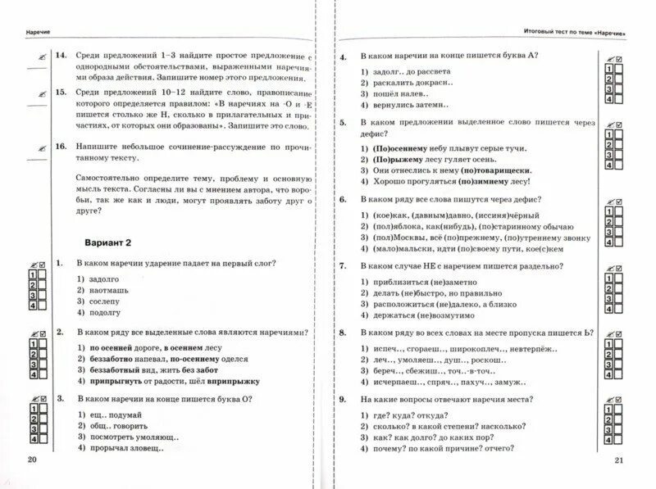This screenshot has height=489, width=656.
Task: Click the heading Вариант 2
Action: pyautogui.click(x=115, y=243)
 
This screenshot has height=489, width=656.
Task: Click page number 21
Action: pyautogui.click(x=620, y=460)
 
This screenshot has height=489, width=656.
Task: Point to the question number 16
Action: pyautogui.click(x=60, y=145)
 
